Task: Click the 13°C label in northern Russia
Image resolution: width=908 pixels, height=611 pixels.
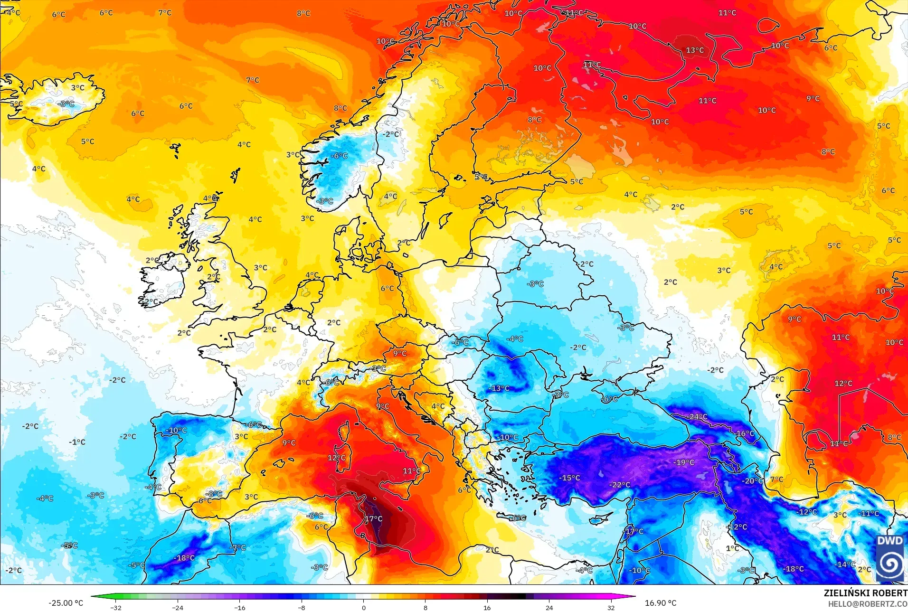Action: coord(695,50)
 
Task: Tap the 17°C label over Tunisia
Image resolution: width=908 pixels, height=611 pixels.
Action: coord(374,519)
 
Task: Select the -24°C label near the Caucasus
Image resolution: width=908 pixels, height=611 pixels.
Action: coord(697,417)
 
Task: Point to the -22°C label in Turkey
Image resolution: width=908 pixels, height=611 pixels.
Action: coord(620,485)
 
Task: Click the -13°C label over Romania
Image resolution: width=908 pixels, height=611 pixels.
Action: coord(499,388)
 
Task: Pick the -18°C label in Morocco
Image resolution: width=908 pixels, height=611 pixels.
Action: coord(184,558)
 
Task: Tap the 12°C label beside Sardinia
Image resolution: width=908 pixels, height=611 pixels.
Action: coord(336,458)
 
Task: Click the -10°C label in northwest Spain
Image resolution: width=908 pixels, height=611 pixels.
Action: coord(176,430)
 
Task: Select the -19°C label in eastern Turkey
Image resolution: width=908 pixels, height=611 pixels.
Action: coord(684,462)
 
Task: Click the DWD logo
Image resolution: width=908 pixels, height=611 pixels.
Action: coord(890,558)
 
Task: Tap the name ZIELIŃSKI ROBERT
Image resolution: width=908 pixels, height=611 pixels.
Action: coord(865,593)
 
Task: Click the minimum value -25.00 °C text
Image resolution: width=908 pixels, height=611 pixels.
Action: coord(66,603)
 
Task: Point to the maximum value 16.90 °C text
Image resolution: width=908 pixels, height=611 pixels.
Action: coord(661,603)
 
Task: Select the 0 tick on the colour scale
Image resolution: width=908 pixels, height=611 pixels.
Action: coord(364,608)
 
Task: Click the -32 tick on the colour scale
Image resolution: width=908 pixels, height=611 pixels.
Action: coord(116,608)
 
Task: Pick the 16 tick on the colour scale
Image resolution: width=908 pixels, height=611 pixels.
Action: coord(487,608)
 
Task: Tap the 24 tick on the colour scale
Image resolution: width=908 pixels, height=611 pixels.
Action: coord(549,608)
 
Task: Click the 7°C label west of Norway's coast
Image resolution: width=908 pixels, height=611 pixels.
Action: coord(253,80)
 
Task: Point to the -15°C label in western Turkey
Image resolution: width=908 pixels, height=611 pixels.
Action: coord(569,478)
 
